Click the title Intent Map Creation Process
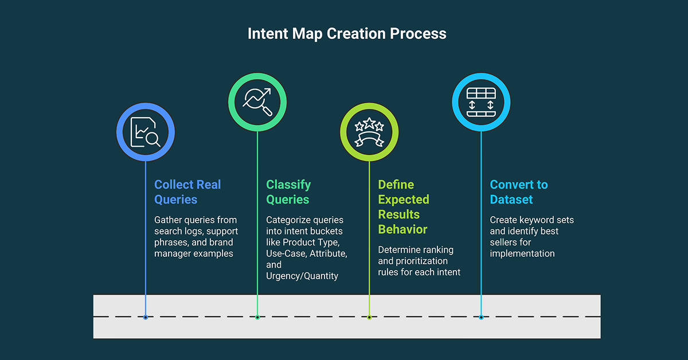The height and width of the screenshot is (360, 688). (x=347, y=34)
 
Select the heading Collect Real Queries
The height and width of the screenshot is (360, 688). (x=187, y=192)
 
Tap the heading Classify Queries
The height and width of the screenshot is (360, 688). (x=288, y=192)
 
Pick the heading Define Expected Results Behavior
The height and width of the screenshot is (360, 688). (x=404, y=207)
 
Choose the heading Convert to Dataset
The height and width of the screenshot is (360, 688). (x=519, y=192)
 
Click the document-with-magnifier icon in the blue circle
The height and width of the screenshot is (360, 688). (x=145, y=132)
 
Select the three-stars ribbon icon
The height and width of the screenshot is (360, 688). (x=369, y=132)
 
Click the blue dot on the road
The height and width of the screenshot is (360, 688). (x=146, y=317)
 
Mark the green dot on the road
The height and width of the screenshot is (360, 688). (x=257, y=317)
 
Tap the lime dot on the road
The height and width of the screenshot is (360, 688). (x=369, y=317)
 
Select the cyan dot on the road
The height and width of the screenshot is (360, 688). (x=481, y=317)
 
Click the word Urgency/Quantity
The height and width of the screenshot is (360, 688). (x=302, y=276)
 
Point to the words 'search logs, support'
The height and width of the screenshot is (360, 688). (x=196, y=231)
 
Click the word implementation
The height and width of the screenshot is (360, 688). (x=522, y=253)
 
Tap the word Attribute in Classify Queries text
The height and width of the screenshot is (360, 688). (x=329, y=253)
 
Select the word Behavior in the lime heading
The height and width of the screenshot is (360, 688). (x=402, y=229)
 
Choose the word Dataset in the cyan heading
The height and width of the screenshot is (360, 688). (x=511, y=199)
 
